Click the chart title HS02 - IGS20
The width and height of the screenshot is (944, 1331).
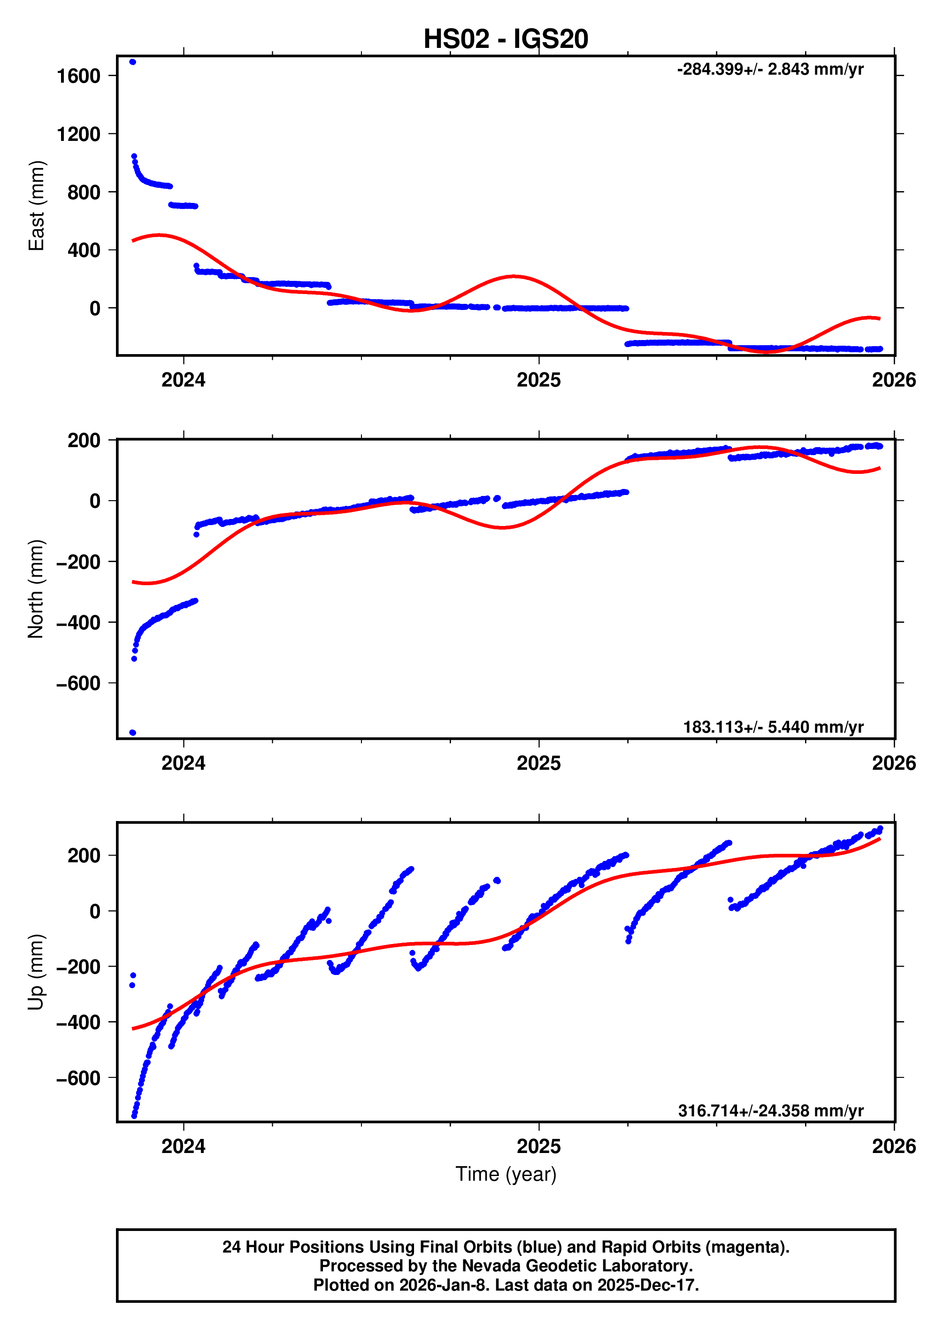pos(505,39)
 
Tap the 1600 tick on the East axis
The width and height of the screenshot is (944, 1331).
pos(78,76)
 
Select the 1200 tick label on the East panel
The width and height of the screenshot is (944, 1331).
pos(78,134)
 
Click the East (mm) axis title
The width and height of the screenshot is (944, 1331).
pos(36,206)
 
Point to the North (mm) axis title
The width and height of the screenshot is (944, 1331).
pos(36,588)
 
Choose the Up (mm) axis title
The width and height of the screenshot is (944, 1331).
pos(36,972)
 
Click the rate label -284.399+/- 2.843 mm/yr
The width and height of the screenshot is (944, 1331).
pos(770,69)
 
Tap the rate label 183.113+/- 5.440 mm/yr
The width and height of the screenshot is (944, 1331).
pos(773,727)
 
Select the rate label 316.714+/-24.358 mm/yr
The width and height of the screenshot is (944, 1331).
pos(770,1110)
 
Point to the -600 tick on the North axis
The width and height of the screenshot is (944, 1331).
pos(78,683)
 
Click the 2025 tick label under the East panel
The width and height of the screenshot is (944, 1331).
pos(538,380)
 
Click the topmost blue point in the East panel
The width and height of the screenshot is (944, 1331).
pos(132,62)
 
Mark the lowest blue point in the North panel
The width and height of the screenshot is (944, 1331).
pos(132,732)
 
